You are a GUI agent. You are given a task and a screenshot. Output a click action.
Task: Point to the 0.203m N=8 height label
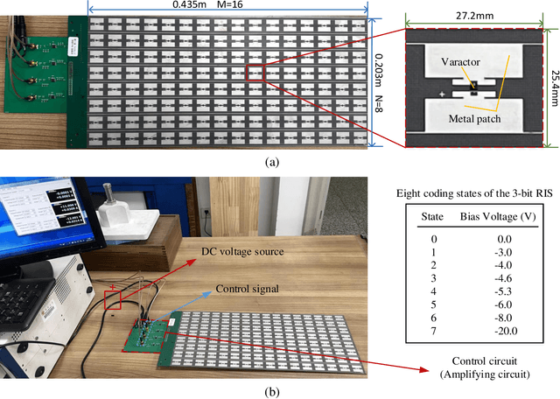tap(383, 78)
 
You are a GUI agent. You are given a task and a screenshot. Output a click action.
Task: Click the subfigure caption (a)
tap(279, 161)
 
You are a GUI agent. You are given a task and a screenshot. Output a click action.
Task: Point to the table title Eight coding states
tap(460, 193)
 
